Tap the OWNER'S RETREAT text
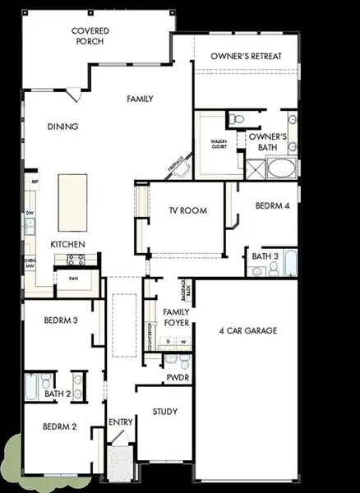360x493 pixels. [x=247, y=55]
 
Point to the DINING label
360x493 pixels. [x=62, y=127]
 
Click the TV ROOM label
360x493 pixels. [x=187, y=211]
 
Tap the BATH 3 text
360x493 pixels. [x=265, y=256]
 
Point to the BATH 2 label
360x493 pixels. [x=57, y=394]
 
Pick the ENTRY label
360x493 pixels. [x=121, y=422]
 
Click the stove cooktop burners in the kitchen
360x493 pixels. [x=76, y=259]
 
